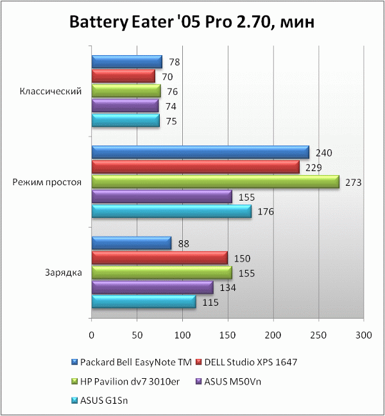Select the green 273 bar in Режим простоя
[215, 182]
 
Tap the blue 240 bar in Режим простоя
[200, 153]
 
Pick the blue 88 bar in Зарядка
[131, 243]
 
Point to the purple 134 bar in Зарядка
[152, 287]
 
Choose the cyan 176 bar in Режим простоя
[171, 212]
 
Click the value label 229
[313, 168]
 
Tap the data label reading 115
[210, 303]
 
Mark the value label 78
[175, 62]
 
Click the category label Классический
[51, 91]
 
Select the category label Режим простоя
[47, 182]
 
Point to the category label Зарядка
[63, 272]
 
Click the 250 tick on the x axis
[319, 335]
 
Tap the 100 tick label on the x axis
[183, 335]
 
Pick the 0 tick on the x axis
[92, 335]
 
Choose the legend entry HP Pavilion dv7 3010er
[129, 382]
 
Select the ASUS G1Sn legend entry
[108, 401]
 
